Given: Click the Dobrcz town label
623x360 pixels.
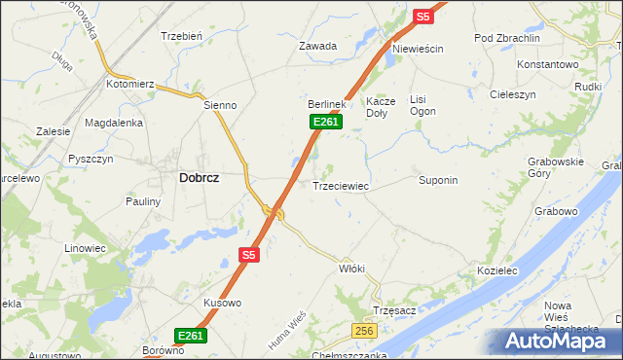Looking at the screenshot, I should [199, 178].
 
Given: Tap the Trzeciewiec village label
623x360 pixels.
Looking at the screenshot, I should [340, 185].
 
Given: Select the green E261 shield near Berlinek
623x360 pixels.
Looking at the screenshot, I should [325, 121].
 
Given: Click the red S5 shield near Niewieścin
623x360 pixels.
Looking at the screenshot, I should [421, 17].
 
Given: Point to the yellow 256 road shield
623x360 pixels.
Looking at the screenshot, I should [364, 332].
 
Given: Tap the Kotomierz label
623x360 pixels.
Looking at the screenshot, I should [130, 85].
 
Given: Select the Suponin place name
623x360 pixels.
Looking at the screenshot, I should [438, 180].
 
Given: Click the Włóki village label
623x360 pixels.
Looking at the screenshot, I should [351, 268].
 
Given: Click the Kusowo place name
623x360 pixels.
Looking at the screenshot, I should [222, 303].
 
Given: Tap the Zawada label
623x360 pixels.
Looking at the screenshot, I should [317, 46].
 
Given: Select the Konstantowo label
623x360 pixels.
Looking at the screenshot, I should [548, 64].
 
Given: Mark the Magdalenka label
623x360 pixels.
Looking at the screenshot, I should [114, 123].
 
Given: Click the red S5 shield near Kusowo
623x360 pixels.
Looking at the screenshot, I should [248, 255].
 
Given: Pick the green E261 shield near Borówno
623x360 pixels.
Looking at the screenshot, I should [191, 336].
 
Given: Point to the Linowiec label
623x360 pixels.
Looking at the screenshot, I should [85, 248].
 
